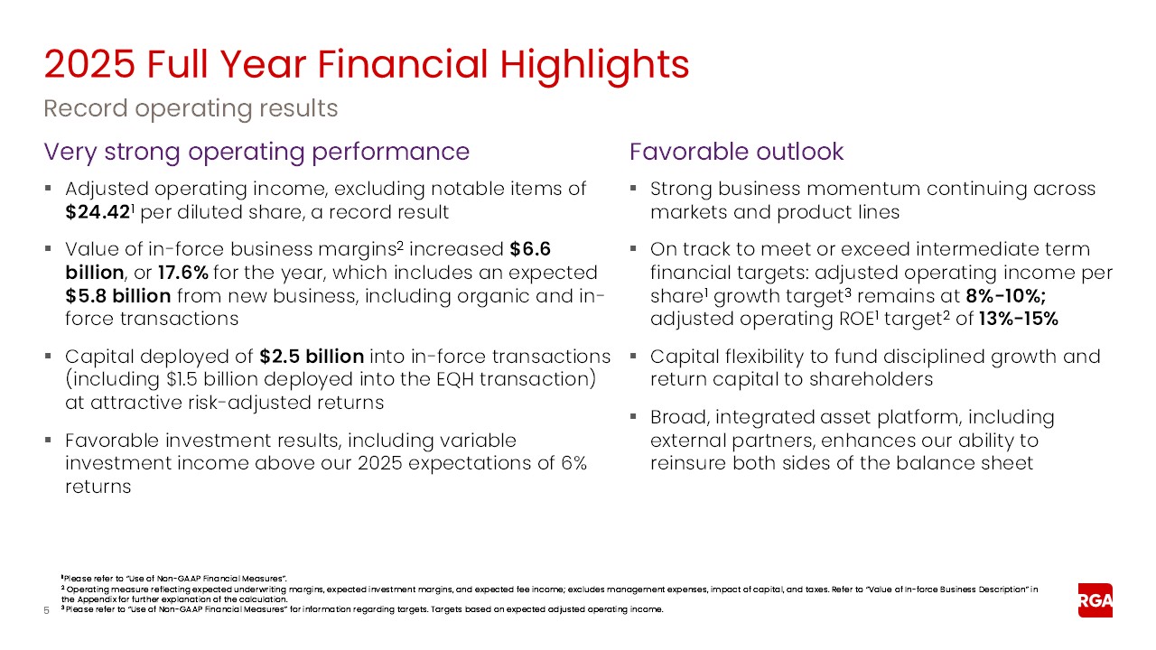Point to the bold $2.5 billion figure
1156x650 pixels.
point(312,356)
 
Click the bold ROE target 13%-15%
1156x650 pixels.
point(1018,320)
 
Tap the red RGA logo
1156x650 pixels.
point(1095,600)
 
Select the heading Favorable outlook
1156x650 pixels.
point(736,152)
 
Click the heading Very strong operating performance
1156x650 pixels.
point(257,152)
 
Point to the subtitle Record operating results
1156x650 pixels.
point(191,109)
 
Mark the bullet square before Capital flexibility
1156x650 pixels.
point(633,357)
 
